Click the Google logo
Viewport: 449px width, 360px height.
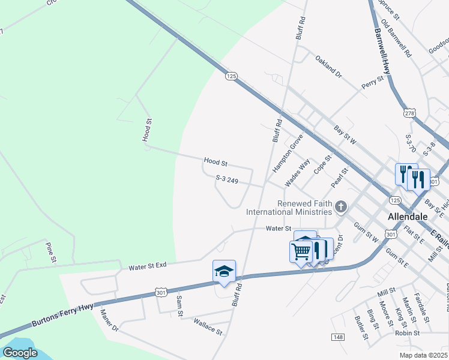20,352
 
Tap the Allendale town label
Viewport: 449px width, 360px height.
408,216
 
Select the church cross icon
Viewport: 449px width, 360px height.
340,208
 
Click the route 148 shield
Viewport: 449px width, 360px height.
338,338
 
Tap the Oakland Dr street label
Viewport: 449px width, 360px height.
328,67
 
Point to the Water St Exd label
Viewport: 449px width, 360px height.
147,265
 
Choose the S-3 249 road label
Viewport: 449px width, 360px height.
231,179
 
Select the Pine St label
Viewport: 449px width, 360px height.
51,252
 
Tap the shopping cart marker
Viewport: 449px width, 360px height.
301,250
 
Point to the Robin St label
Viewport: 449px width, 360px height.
407,333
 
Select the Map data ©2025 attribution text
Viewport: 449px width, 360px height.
423,355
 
